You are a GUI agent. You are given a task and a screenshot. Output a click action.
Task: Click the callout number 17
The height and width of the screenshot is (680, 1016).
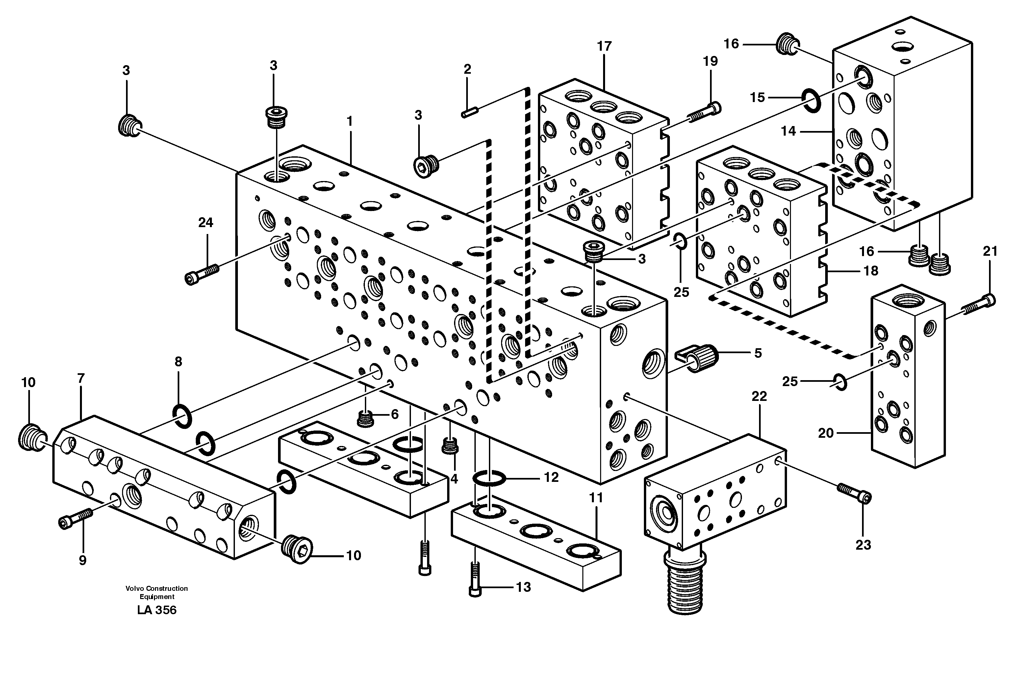(604, 46)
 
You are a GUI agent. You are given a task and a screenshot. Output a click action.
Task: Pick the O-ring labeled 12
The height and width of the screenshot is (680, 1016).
(489, 479)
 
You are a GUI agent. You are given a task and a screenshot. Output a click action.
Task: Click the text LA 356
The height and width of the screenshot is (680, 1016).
(157, 610)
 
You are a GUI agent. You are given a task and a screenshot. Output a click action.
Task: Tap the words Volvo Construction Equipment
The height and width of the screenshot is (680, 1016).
(157, 592)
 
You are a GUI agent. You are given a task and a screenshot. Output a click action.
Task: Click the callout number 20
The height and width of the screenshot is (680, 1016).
(826, 433)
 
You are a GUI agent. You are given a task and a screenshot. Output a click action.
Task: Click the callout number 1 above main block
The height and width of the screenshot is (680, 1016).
(350, 121)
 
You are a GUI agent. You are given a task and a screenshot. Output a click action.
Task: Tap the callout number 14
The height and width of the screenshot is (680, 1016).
(788, 131)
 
